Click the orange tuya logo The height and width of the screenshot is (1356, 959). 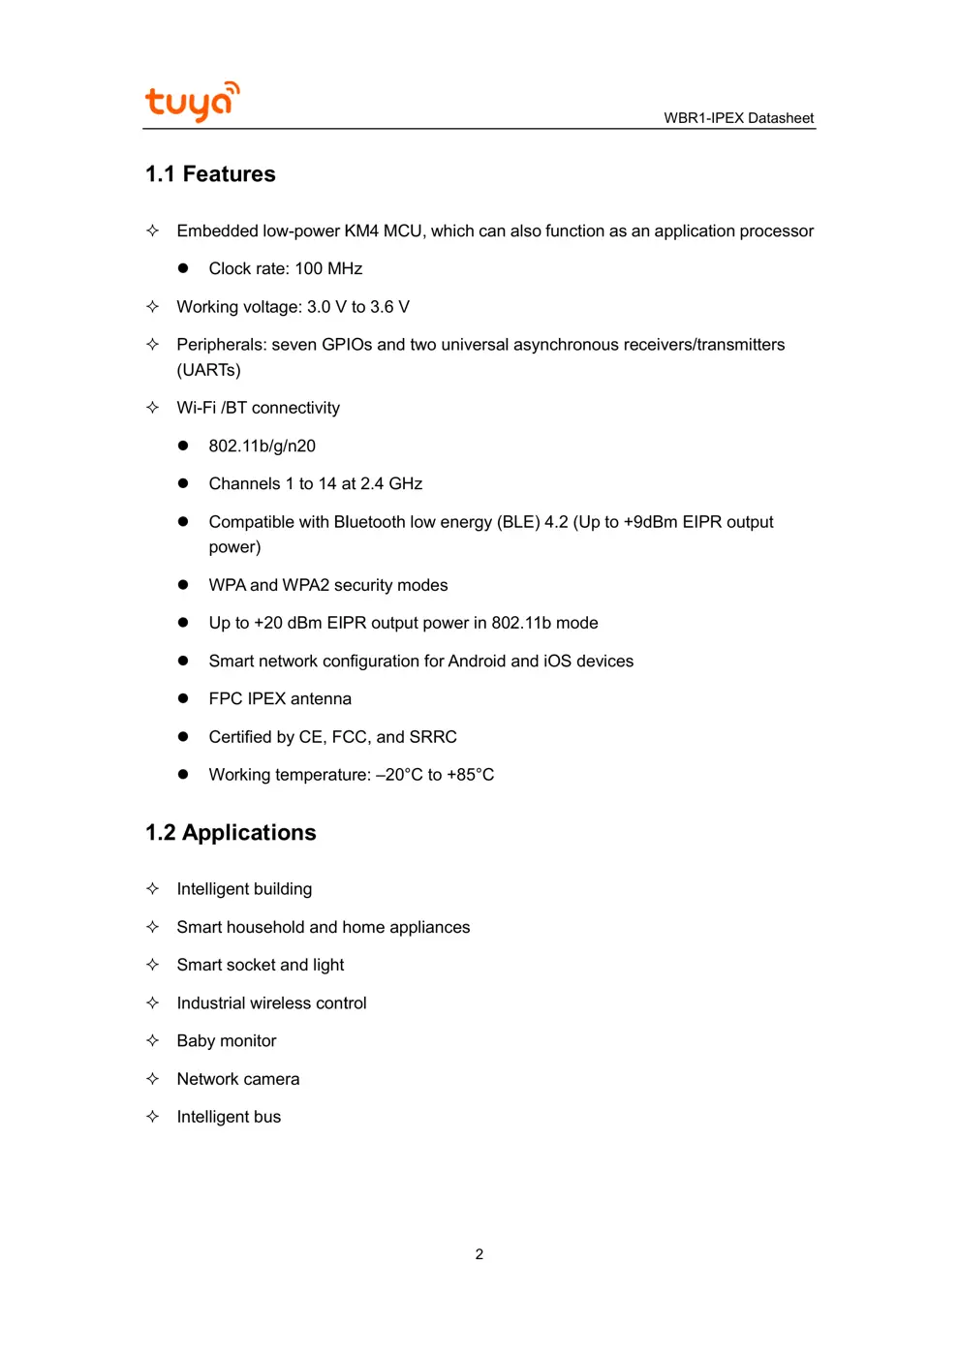192,102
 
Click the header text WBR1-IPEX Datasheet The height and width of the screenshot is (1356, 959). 738,118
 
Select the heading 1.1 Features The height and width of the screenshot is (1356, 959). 210,174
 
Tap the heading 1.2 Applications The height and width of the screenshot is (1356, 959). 231,833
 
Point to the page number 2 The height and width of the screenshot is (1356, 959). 479,1254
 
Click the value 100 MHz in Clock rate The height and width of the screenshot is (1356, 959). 328,269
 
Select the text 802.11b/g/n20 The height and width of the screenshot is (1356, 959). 262,447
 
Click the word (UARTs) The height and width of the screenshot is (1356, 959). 208,370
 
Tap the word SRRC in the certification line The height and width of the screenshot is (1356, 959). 433,737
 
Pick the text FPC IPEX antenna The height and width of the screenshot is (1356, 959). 280,699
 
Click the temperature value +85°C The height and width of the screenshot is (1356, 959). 470,775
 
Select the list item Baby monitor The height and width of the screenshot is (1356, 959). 227,1041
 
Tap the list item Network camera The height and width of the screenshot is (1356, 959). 238,1079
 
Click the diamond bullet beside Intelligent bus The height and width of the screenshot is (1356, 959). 152,1117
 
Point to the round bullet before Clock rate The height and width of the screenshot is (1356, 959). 183,268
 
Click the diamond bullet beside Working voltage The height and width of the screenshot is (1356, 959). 152,307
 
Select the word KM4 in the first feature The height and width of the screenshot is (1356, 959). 361,231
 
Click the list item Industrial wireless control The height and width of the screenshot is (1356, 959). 271,1003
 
